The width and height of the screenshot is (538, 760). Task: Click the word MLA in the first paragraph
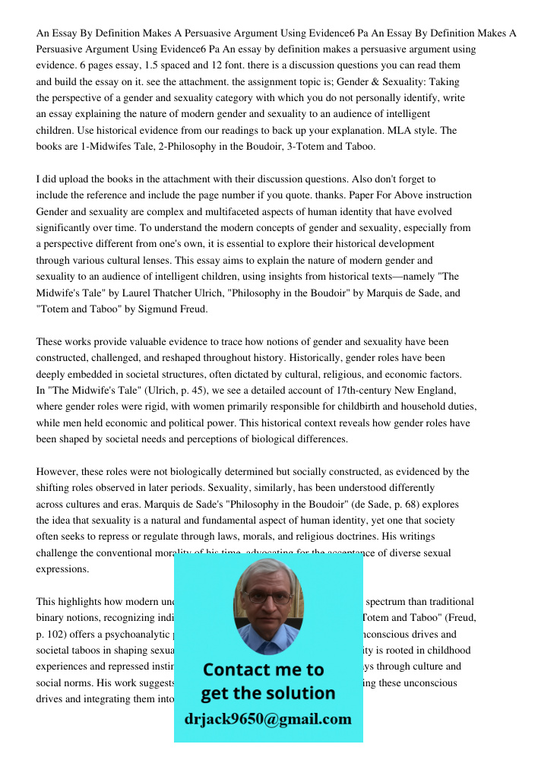tap(413, 130)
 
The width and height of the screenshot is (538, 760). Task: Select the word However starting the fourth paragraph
tap(59, 472)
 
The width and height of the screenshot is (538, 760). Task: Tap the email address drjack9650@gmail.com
tap(267, 719)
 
